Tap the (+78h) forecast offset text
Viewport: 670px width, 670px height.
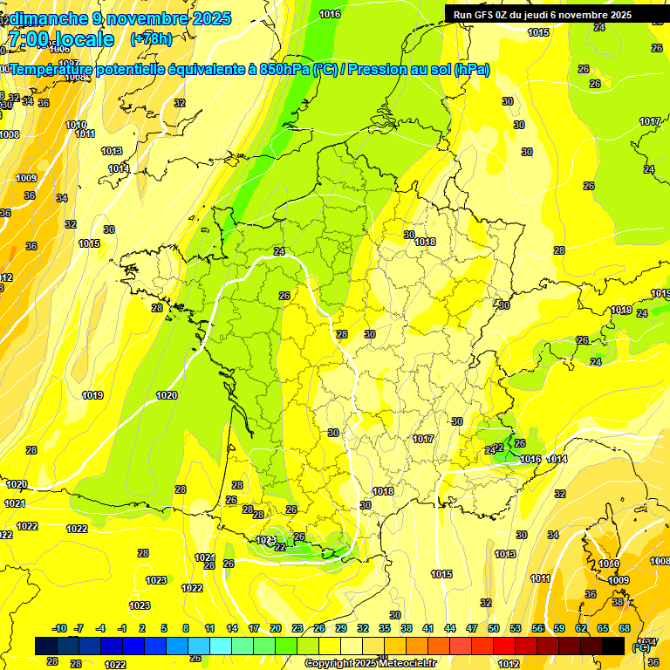pyautogui.click(x=151, y=38)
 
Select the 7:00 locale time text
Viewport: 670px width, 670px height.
pyautogui.click(x=60, y=39)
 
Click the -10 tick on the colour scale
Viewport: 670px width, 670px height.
pyautogui.click(x=59, y=628)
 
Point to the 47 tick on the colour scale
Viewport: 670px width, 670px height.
pyautogui.click(x=472, y=628)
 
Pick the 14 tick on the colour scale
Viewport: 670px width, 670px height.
pyautogui.click(x=232, y=628)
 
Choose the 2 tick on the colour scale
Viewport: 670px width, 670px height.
pyautogui.click(x=142, y=628)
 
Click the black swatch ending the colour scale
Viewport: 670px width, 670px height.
pyautogui.click(x=613, y=646)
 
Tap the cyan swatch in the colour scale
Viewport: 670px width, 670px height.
pyautogui.click(x=221, y=646)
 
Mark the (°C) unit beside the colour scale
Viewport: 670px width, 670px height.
pyautogui.click(x=640, y=646)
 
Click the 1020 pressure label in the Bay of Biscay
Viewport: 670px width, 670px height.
pyautogui.click(x=167, y=395)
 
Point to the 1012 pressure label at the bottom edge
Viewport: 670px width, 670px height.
pyautogui.click(x=509, y=664)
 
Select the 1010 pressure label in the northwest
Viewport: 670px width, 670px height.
pyautogui.click(x=76, y=125)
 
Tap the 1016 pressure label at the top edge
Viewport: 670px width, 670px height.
pyautogui.click(x=330, y=14)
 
